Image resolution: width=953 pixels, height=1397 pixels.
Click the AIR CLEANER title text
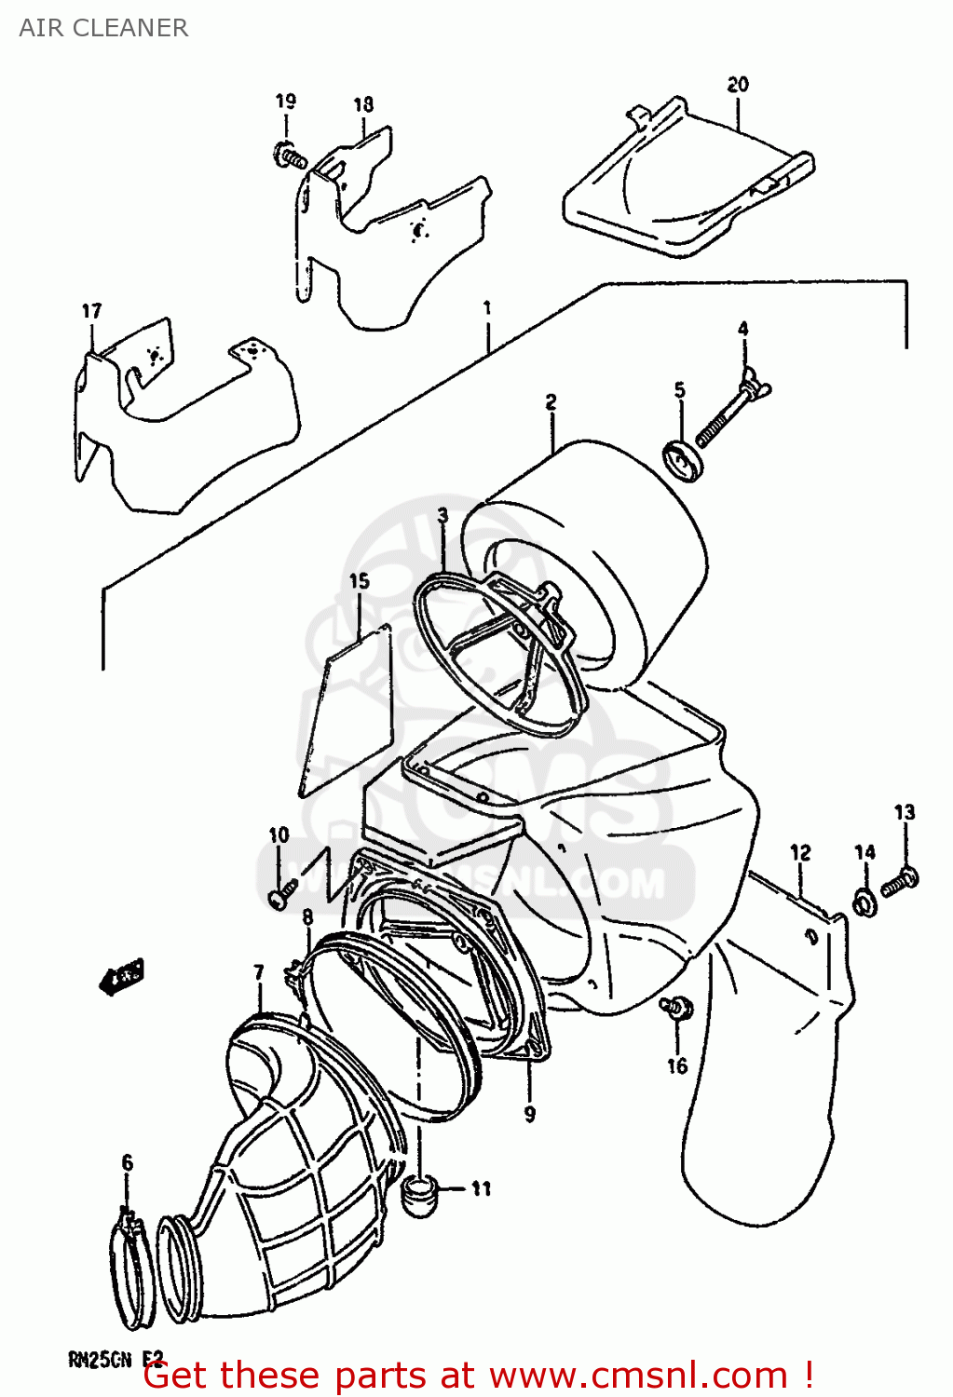103,28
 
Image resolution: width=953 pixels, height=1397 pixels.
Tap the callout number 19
285,101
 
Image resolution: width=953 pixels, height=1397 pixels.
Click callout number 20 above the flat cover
737,85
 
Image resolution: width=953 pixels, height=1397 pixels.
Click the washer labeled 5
684,461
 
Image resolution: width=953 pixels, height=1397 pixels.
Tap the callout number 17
91,311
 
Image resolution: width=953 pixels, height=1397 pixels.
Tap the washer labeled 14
865,902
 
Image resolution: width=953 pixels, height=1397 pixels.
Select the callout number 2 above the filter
551,401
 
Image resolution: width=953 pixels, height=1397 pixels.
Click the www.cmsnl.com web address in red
638,1376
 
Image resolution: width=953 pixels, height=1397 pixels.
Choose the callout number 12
799,852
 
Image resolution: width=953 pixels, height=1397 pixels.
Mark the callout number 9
529,1113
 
